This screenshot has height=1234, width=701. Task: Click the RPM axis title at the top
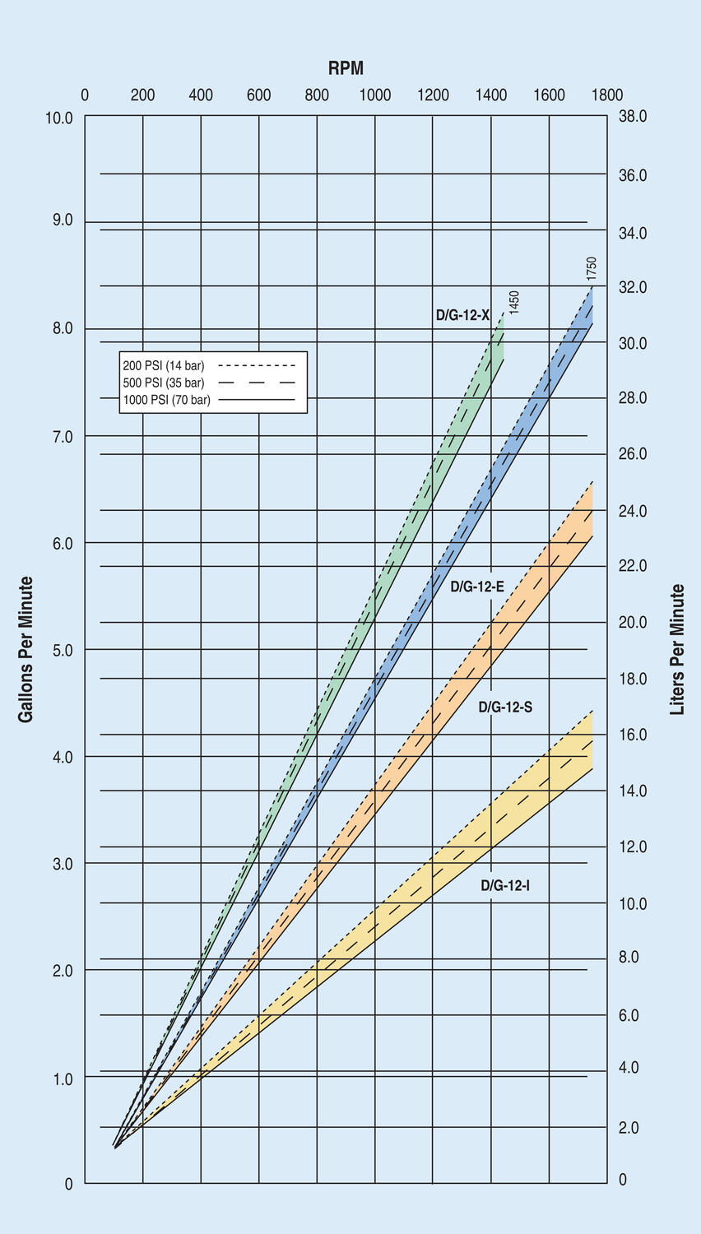(346, 68)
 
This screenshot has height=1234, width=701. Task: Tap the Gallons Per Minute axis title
(26, 649)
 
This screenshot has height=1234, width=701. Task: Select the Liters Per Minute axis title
(677, 649)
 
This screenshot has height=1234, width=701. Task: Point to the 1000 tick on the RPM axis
(375, 95)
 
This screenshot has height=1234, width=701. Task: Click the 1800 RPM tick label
(607, 95)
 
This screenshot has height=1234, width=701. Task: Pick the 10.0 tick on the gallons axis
(58, 118)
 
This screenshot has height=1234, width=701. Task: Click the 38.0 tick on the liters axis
(633, 117)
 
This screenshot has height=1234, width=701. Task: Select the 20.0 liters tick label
(633, 623)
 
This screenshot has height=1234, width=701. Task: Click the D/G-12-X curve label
(462, 315)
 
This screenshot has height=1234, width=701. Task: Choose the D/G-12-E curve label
(477, 587)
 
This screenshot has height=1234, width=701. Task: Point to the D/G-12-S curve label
(505, 707)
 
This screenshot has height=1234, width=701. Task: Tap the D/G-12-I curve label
(505, 886)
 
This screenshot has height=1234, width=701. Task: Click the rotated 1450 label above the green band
(514, 303)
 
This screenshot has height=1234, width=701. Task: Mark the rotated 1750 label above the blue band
(592, 270)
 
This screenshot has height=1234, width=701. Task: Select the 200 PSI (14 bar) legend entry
(164, 365)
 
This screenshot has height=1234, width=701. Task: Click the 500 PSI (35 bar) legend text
(164, 383)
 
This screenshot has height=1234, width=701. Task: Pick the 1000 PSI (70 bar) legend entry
(167, 400)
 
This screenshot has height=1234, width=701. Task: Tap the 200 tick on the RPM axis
(142, 95)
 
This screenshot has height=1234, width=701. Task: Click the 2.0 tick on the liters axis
(629, 1128)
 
